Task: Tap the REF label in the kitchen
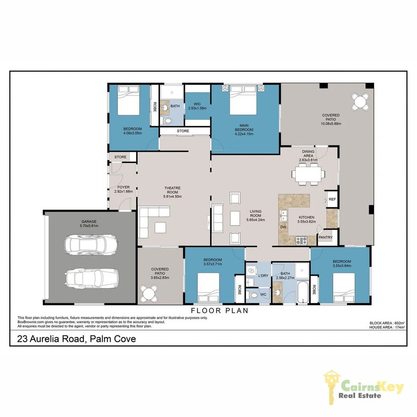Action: (332, 199)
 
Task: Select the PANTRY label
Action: (325, 237)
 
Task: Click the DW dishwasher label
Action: (283, 227)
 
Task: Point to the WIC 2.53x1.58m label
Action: (197, 106)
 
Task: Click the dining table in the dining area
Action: (308, 174)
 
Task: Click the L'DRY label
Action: (263, 275)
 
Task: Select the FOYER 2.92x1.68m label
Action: (124, 189)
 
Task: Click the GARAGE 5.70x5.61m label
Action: (89, 224)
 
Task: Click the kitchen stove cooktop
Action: (301, 241)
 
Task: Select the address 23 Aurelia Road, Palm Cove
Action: (76, 339)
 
